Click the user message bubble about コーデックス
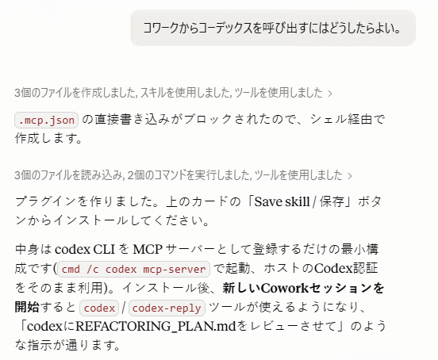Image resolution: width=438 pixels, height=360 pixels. tap(273, 28)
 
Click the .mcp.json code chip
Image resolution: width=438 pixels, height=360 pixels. tap(46, 121)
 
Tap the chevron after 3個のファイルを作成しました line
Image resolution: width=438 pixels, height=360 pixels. tap(330, 94)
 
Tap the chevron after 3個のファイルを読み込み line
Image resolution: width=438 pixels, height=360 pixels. tap(350, 176)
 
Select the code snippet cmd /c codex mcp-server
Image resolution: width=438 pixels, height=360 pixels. tap(133, 270)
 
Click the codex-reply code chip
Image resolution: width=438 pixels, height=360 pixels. tap(167, 308)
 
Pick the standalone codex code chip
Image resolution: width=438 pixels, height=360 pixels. tap(99, 308)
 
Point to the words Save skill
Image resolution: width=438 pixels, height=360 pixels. tap(282, 201)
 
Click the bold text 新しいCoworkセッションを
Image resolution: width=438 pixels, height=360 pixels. tap(303, 289)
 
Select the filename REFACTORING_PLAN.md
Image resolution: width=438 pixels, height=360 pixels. tap(156, 327)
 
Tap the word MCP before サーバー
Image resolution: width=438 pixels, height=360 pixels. tap(148, 249)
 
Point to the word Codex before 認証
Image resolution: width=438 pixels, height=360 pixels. tap(333, 269)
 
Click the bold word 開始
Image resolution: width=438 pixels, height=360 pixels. tap(27, 307)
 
